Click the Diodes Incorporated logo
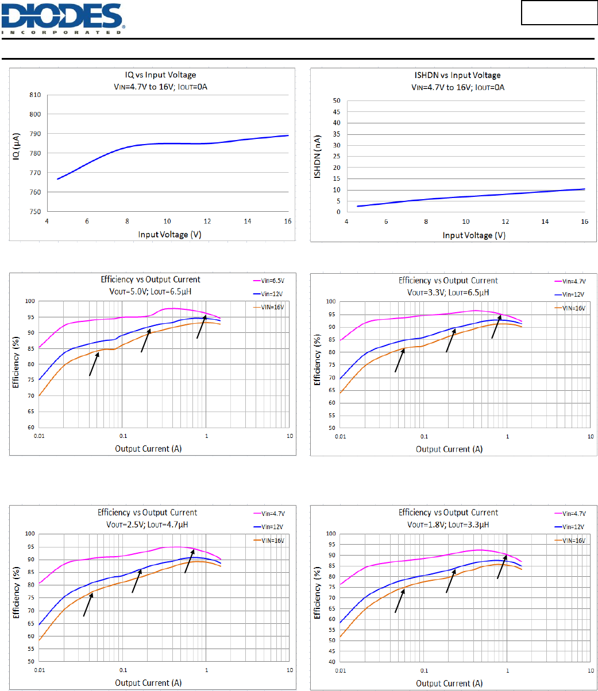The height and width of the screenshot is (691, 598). click(63, 18)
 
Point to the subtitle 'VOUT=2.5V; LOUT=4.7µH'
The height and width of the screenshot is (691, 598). click(147, 524)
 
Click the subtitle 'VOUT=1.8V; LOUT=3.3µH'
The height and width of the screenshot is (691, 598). click(448, 524)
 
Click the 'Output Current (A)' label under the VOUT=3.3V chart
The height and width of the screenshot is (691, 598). click(449, 449)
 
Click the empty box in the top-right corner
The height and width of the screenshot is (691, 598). click(560, 13)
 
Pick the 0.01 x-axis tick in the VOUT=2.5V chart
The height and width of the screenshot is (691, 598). click(39, 670)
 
